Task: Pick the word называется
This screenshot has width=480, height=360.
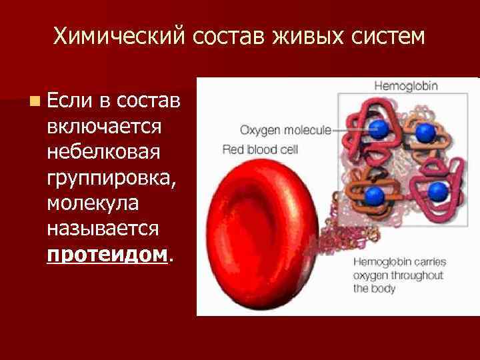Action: (103, 228)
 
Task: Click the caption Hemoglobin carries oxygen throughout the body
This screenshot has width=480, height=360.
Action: (395, 275)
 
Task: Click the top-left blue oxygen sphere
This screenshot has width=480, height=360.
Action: (379, 129)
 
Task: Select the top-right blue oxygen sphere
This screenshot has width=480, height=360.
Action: (425, 134)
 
